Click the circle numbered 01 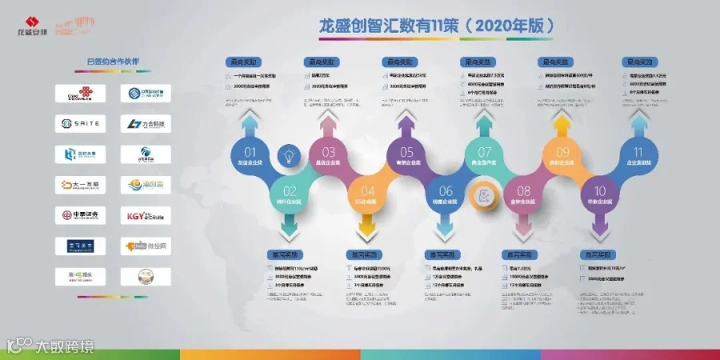coord(250,154)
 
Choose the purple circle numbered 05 coord(407,154)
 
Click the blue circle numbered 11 coord(638,154)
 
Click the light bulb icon coord(288,155)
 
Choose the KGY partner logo coord(146,215)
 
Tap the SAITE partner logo coord(80,124)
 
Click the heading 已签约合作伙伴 coord(113,62)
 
